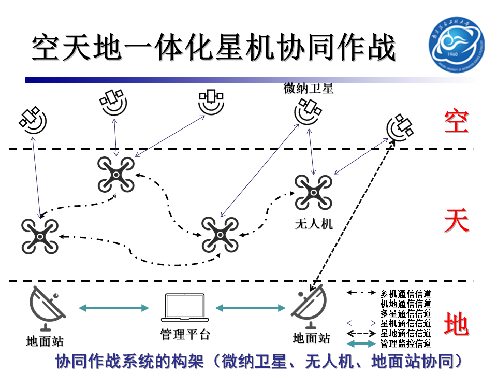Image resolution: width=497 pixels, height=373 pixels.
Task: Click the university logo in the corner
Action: click(456, 45)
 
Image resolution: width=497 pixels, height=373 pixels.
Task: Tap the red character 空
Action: click(456, 121)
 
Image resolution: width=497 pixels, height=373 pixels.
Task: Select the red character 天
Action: click(456, 222)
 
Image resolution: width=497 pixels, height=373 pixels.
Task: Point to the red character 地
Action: click(456, 325)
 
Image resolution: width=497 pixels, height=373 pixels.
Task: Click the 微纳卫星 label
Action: click(309, 89)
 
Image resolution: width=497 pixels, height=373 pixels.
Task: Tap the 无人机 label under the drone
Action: click(314, 224)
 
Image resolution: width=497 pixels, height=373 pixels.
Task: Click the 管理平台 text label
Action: click(185, 334)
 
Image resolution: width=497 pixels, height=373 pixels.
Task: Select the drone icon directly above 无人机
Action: click(313, 193)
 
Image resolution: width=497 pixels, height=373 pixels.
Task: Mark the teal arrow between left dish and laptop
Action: click(114, 308)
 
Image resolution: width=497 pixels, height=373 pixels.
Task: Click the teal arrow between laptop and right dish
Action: click(251, 308)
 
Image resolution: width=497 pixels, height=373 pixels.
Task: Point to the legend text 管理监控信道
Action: click(405, 343)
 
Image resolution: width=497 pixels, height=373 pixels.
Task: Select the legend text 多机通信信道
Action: click(405, 294)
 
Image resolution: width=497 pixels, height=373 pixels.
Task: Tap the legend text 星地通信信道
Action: click(405, 333)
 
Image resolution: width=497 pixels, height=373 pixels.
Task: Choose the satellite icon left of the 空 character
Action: click(400, 128)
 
